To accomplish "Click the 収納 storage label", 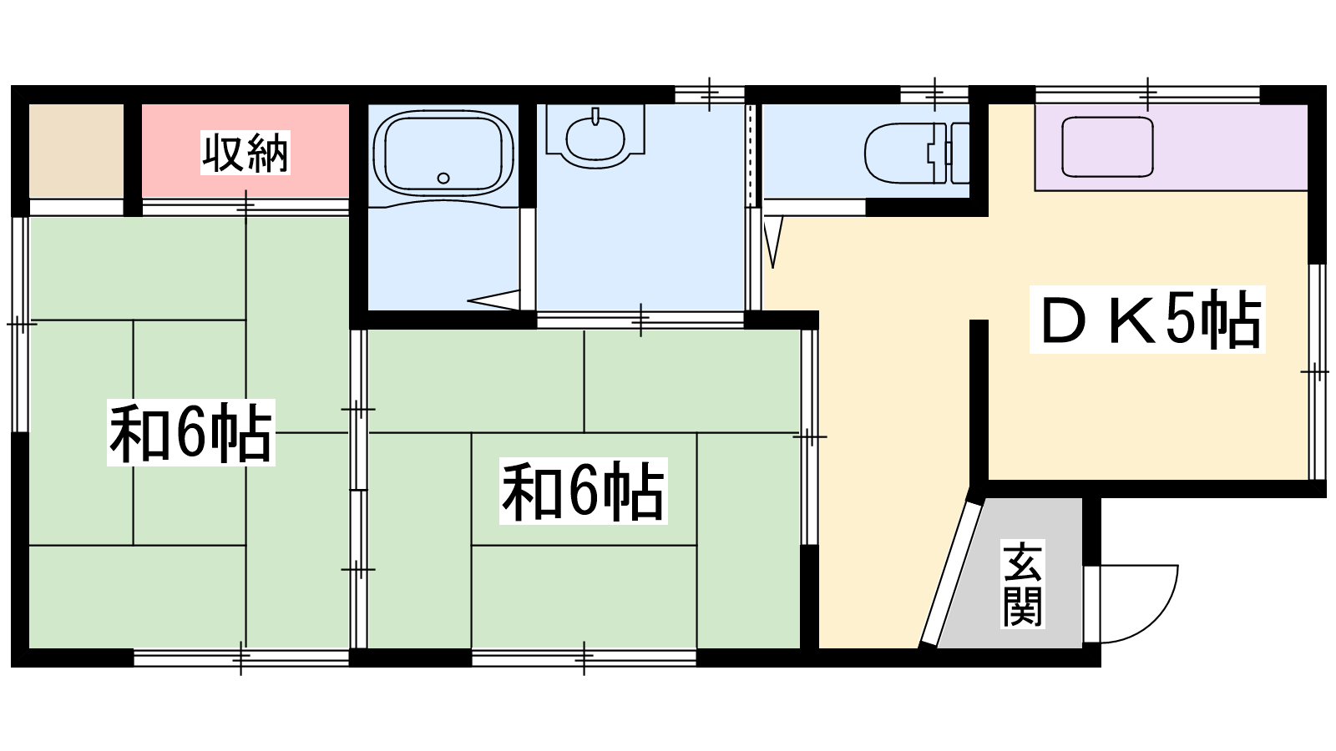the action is (x=245, y=153).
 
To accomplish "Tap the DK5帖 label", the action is (x=1147, y=320).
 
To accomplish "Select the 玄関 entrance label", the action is (x=1022, y=584).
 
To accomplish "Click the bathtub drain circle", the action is (x=443, y=178).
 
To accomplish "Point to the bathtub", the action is (x=443, y=154).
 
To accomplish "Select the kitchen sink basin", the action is (x=1107, y=147).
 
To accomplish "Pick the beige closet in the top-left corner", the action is (x=76, y=151).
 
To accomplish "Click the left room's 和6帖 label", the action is (x=190, y=432).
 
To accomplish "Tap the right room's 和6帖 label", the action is (x=583, y=491).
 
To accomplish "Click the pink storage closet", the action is (x=245, y=151).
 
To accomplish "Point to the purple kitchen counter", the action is (x=1171, y=147).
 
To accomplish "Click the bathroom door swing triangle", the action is (x=493, y=300).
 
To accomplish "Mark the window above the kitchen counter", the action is (x=1147, y=95).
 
